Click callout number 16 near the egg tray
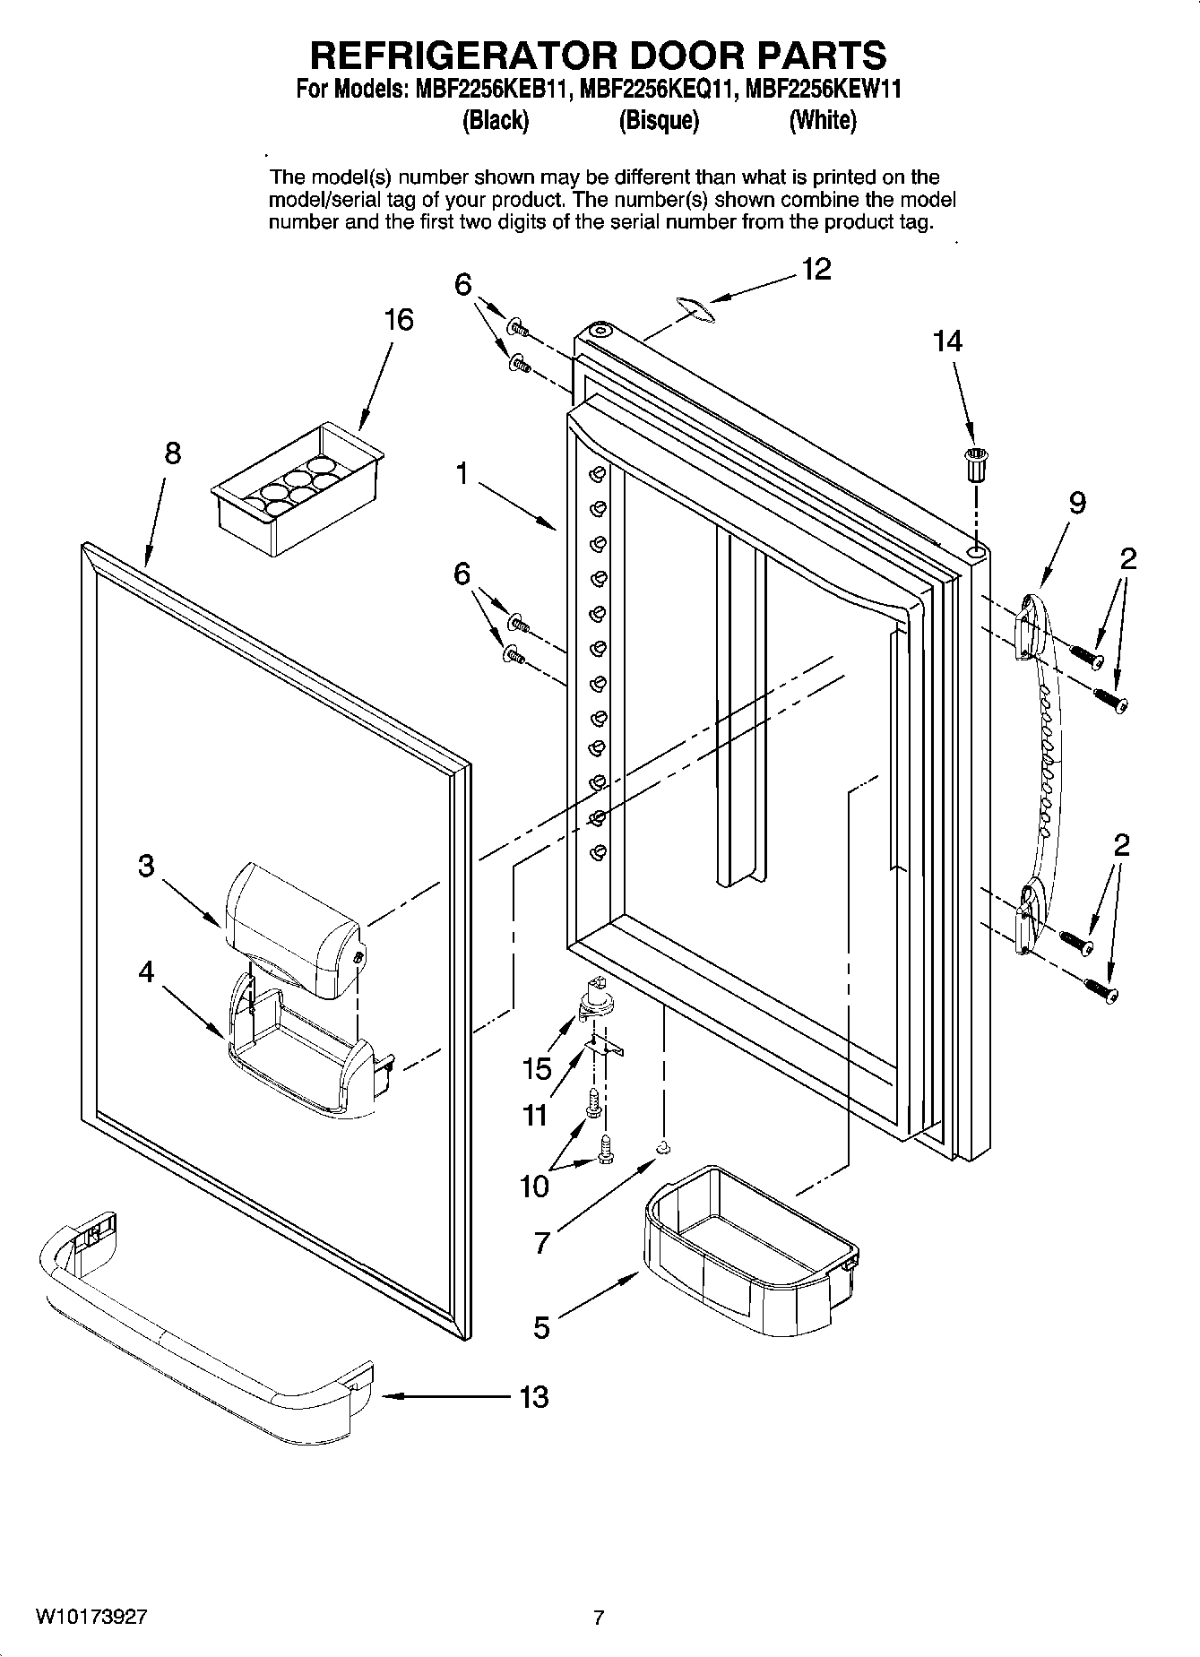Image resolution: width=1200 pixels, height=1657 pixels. tap(399, 320)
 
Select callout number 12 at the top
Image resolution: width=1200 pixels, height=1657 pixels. tap(816, 269)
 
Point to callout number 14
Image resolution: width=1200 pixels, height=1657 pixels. tap(947, 341)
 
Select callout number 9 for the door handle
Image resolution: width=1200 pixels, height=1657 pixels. tap(1077, 504)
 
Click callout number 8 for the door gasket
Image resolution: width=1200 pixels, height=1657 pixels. tap(172, 453)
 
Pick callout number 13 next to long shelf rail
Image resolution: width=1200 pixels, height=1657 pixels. tap(534, 1396)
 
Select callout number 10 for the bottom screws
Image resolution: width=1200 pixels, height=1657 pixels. tap(534, 1187)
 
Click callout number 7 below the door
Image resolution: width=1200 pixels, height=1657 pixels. tap(541, 1244)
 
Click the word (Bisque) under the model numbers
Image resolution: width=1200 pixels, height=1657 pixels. tap(659, 120)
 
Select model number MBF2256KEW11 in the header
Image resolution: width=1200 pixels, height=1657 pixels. tap(823, 90)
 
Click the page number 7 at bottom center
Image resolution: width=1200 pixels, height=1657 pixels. tap(599, 1618)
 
